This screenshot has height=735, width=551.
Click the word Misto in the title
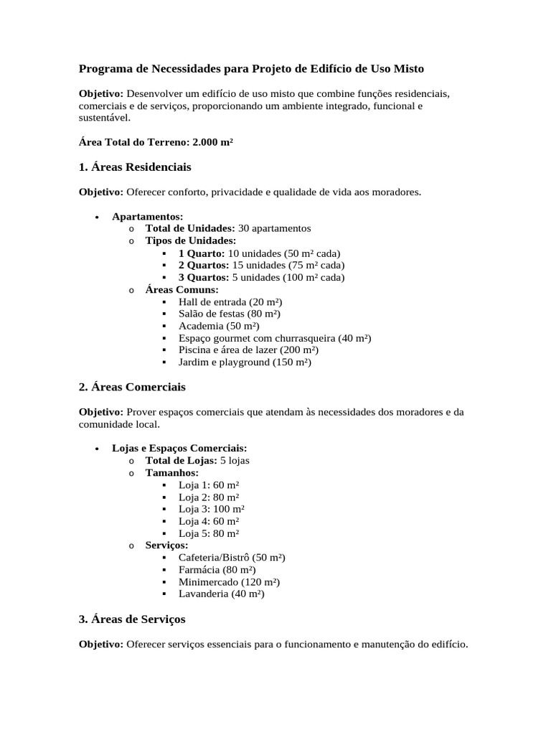pyautogui.click(x=408, y=69)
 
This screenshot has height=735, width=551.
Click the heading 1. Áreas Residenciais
pyautogui.click(x=135, y=167)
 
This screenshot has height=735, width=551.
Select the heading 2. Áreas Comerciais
pyautogui.click(x=132, y=387)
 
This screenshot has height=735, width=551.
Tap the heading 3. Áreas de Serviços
pyautogui.click(x=132, y=619)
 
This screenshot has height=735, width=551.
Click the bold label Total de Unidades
pyautogui.click(x=190, y=228)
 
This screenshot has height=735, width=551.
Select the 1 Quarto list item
pyautogui.click(x=259, y=253)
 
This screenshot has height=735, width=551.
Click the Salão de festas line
pyautogui.click(x=230, y=314)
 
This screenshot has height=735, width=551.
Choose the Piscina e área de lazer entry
pyautogui.click(x=248, y=350)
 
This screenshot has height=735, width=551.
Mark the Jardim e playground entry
pyautogui.click(x=245, y=362)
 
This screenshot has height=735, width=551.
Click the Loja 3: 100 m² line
pyautogui.click(x=211, y=509)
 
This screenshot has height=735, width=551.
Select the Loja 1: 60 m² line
pyautogui.click(x=209, y=484)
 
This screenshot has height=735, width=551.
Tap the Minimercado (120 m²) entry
pyautogui.click(x=229, y=582)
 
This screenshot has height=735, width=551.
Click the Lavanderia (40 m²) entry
pyautogui.click(x=221, y=594)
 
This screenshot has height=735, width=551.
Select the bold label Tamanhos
pyautogui.click(x=171, y=473)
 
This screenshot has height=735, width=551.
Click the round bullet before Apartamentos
pyautogui.click(x=96, y=217)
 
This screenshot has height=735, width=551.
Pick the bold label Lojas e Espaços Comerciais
pyautogui.click(x=179, y=448)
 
